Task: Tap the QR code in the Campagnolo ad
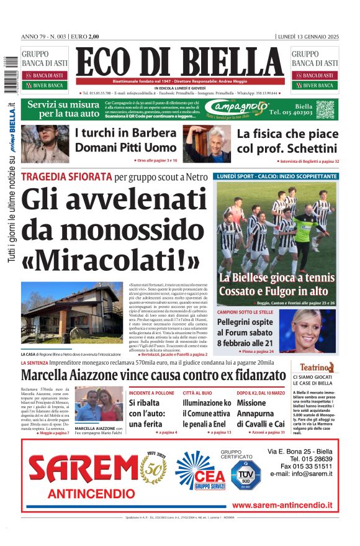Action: (325, 110)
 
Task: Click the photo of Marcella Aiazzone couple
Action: (99, 404)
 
